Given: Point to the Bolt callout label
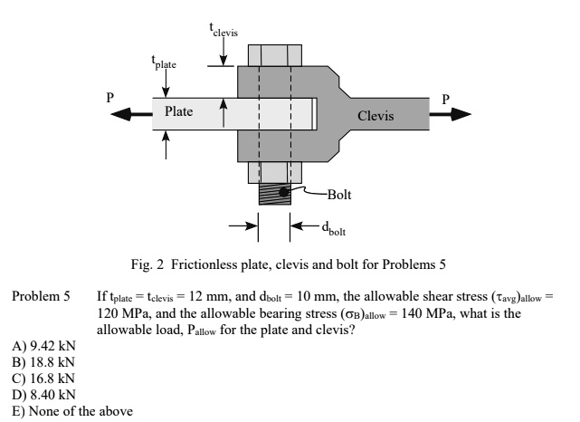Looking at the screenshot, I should (340, 193).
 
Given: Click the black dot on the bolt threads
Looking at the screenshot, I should (283, 193).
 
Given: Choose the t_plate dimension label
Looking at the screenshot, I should (164, 62).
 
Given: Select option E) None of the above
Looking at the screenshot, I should (60, 406).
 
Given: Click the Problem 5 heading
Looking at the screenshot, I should (40, 296).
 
